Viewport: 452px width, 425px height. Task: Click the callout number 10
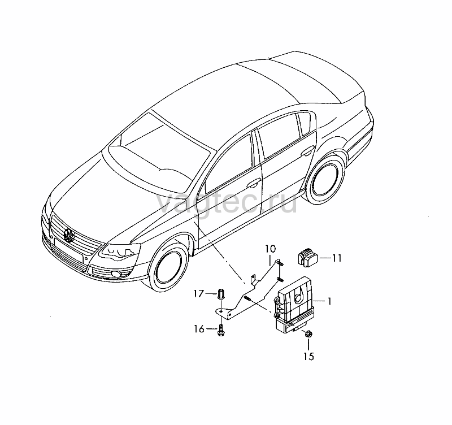tap(271, 249)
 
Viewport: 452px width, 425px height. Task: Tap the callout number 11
tap(336, 258)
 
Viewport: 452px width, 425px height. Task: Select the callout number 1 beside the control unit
tap(329, 301)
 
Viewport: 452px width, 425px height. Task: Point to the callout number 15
tap(308, 357)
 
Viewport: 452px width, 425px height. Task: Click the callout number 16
tap(199, 329)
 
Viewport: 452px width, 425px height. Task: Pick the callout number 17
tap(199, 294)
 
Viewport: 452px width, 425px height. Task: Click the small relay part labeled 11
tap(307, 257)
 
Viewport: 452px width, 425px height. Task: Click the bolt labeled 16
tap(221, 330)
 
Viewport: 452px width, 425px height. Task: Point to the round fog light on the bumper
tap(117, 274)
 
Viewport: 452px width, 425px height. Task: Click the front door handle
tap(254, 183)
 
